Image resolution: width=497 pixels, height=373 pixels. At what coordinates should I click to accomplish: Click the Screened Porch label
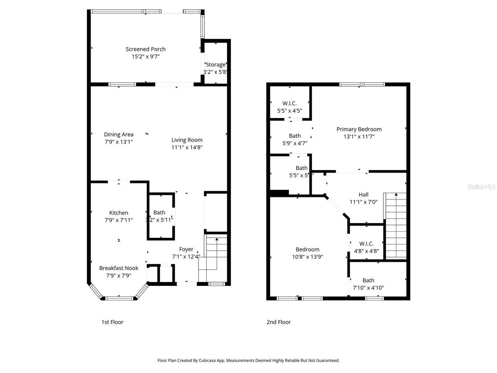pos(146,49)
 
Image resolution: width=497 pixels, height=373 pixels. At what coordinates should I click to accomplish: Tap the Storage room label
pos(215,64)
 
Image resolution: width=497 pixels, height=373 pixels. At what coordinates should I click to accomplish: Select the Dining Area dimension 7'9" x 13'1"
pos(119,142)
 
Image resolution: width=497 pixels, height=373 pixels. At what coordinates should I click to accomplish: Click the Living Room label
pos(187,140)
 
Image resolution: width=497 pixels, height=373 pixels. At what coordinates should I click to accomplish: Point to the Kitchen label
pos(118,213)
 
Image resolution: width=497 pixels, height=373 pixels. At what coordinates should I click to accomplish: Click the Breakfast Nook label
pos(118,268)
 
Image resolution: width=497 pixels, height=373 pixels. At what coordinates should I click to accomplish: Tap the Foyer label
pos(186,249)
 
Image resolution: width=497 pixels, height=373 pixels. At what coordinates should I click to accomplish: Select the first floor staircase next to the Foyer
pos(212,256)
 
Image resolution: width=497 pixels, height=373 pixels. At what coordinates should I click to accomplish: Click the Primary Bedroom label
pos(359,129)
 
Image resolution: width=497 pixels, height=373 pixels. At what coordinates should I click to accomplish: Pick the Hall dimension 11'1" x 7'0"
pos(363,202)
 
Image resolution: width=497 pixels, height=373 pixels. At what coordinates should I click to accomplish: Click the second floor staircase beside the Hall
pos(395,225)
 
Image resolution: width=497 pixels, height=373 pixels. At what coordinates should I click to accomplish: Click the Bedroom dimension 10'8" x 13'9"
pos(308,256)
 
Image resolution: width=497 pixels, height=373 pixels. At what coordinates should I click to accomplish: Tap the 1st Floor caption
pos(112,322)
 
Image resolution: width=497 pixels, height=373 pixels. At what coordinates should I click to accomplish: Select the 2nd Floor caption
pos(278,322)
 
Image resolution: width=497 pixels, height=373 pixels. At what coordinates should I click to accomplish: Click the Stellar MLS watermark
pos(481,187)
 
